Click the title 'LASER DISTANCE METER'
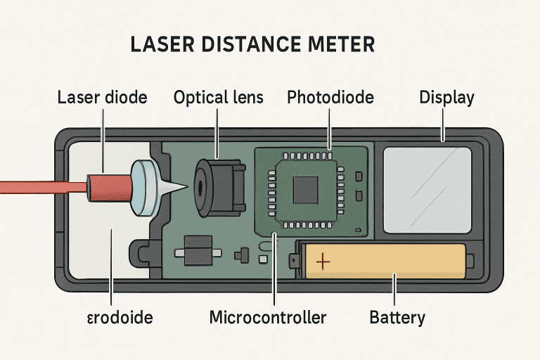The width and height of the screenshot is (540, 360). point(252,44)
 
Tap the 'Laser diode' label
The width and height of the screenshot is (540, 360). point(102,97)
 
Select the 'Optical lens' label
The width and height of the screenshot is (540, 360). point(219,97)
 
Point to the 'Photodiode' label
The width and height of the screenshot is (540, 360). point(330,97)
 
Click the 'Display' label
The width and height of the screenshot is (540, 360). point(446,97)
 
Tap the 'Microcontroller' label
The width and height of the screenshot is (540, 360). point(268,318)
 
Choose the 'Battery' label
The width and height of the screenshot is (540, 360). point(397,318)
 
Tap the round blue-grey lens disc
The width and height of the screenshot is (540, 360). point(145,185)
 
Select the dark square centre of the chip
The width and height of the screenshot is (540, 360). point(307,189)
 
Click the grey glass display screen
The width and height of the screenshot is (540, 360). point(427,189)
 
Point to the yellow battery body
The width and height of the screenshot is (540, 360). point(394,262)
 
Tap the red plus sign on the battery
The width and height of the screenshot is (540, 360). point(323,262)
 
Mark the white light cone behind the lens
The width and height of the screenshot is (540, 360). point(172,187)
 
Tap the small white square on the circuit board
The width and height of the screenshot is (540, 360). point(264,259)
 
